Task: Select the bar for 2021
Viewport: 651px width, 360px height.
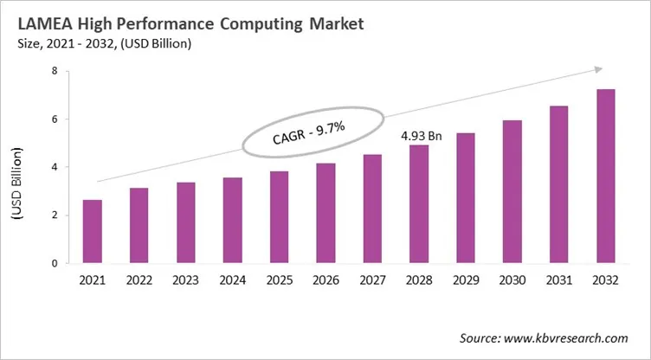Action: click(x=92, y=231)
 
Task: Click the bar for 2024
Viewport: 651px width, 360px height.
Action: click(x=232, y=220)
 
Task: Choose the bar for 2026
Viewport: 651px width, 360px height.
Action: click(x=325, y=213)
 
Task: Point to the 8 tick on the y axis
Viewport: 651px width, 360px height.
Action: click(x=54, y=72)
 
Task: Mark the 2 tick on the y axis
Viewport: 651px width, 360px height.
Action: click(x=54, y=215)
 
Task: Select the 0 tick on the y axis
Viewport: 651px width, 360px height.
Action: click(x=54, y=263)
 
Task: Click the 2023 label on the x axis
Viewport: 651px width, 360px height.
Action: click(x=185, y=280)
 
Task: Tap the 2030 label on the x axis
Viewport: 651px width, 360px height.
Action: click(x=512, y=280)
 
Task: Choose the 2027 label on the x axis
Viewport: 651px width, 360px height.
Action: click(x=372, y=280)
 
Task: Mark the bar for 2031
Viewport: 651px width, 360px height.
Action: click(x=559, y=184)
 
